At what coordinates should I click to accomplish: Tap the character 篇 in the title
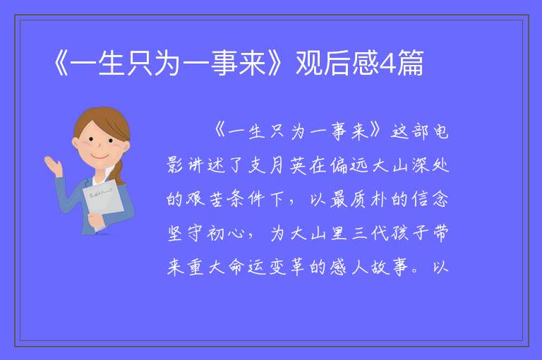[410, 63]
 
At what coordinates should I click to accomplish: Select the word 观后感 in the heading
[337, 63]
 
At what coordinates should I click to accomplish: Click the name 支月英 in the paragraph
[277, 166]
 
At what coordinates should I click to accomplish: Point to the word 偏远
[349, 166]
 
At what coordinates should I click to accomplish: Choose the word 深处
[430, 166]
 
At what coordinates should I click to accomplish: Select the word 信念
[430, 200]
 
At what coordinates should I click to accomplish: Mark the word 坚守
[185, 234]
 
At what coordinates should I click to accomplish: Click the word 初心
[226, 234]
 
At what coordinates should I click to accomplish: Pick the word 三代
[369, 234]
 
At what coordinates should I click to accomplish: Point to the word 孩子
[409, 234]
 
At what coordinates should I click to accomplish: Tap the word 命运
[246, 268]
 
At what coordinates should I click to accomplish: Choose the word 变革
[287, 268]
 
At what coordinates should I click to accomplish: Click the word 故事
[390, 268]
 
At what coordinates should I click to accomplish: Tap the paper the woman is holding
[102, 203]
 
